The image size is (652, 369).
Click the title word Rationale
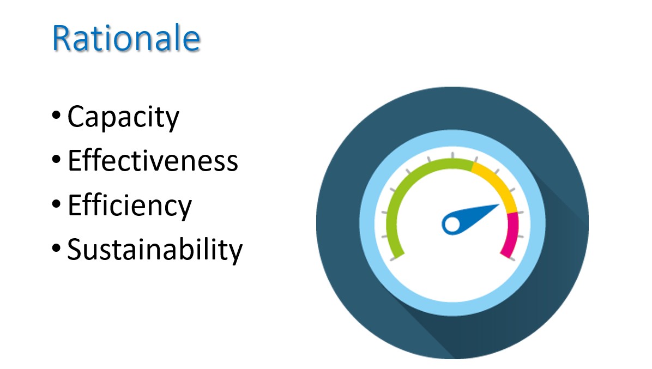point(126,38)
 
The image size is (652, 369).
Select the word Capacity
point(123,118)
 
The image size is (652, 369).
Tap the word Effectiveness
point(153,160)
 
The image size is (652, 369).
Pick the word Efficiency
point(130,206)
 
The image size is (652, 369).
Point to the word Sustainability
point(155,250)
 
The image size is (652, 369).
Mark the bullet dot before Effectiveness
point(56,160)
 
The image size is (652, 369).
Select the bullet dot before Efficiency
point(56,204)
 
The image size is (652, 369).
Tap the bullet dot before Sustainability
point(56,249)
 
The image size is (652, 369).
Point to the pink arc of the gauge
point(513,235)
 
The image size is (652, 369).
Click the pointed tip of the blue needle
point(499,204)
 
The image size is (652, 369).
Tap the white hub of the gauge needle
point(452,225)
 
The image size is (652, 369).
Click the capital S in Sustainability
point(75,249)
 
